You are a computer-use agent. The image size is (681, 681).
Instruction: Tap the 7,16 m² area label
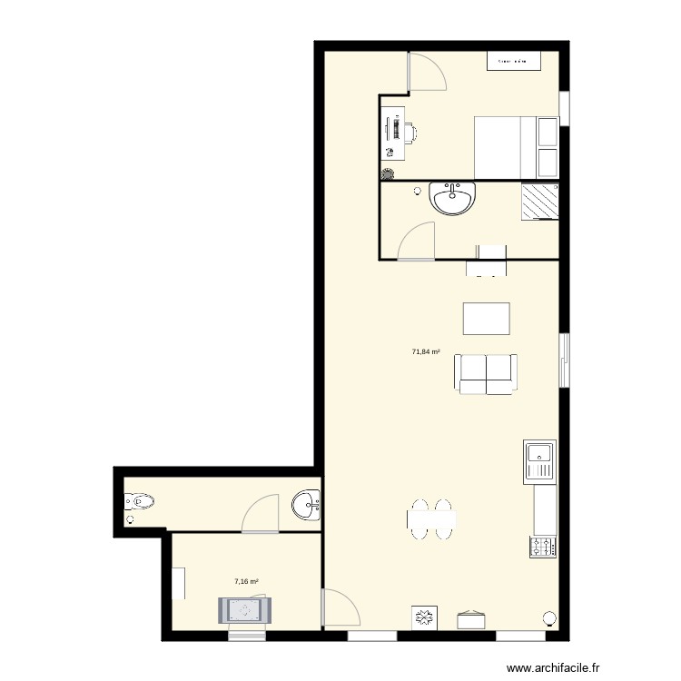(247, 581)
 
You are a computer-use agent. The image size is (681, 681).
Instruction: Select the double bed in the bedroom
(506, 148)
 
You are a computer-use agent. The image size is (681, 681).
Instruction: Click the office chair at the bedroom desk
(409, 133)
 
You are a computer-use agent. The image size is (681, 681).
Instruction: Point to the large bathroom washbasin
(451, 198)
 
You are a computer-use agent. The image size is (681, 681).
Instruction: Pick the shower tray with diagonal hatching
(539, 202)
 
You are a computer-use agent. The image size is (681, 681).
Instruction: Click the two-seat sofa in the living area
(488, 374)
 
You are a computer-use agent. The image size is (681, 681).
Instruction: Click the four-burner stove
(543, 547)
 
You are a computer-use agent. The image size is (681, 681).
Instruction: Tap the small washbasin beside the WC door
(306, 505)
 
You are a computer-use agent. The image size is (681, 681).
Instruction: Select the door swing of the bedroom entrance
(427, 72)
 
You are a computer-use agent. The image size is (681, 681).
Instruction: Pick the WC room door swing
(262, 513)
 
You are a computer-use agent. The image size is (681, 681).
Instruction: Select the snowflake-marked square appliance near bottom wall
(423, 618)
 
